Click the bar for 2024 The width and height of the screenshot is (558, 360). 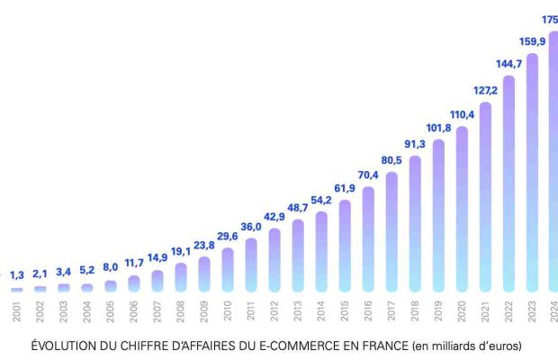point(554,162)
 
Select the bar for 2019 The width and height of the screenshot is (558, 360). point(438,216)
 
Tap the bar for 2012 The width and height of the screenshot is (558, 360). point(274,260)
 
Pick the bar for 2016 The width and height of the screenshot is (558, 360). point(368,238)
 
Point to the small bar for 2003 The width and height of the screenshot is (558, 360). point(64,287)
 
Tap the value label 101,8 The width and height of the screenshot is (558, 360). point(438,128)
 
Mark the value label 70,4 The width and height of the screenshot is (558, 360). point(368,175)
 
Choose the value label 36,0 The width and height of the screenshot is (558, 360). point(251,228)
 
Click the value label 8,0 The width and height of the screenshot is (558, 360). point(111,267)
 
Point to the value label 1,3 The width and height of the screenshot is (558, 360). point(17,275)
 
